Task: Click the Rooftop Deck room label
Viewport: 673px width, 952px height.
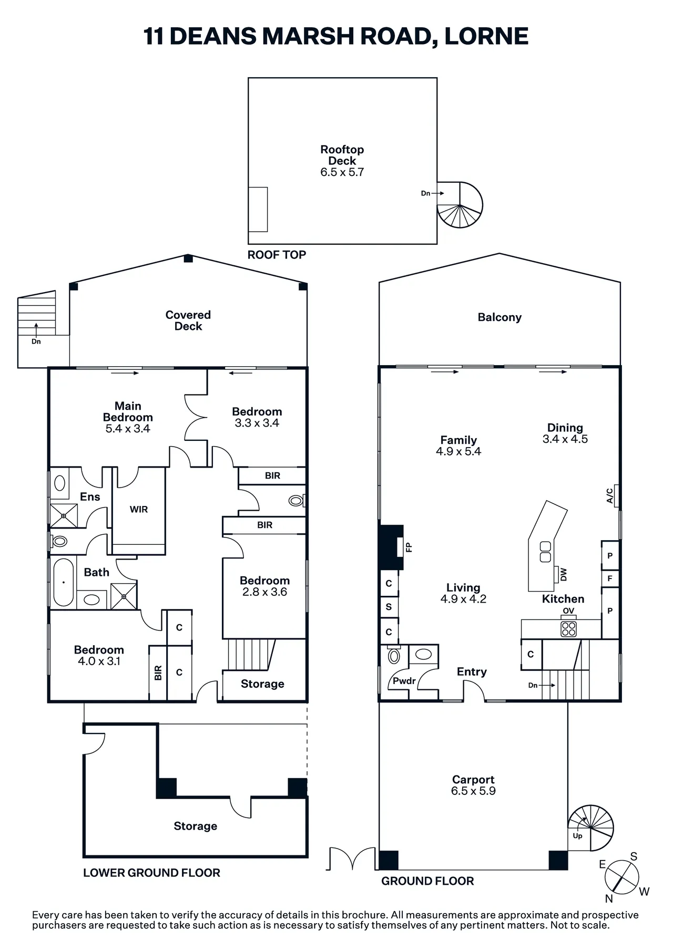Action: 342,156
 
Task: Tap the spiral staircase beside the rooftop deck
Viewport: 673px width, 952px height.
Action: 460,205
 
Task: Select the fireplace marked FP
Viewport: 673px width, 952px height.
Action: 392,547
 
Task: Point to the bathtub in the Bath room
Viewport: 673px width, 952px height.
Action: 64,582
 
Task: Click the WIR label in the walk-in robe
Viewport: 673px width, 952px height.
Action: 139,509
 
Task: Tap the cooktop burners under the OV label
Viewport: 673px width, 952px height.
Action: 568,628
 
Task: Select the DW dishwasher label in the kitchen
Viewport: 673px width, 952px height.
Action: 564,574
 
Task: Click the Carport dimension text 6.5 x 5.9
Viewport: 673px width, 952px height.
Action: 473,791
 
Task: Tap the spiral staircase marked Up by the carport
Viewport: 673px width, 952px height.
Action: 591,828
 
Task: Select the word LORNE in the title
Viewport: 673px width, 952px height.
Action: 486,36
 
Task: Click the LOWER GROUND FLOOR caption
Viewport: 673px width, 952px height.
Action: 151,873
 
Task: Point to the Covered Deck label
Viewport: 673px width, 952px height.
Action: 188,320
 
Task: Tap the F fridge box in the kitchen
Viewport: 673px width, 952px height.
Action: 610,578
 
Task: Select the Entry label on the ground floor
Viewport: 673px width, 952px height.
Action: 472,671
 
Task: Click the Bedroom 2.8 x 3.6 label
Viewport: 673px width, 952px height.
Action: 264,586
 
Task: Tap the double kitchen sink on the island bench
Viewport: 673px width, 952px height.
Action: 545,551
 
